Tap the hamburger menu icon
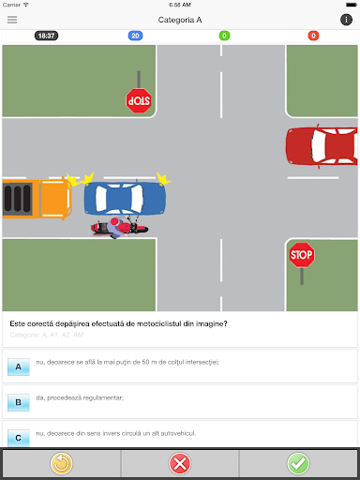point(12,20)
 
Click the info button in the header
point(346,20)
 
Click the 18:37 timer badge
point(46,36)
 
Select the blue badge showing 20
point(135,36)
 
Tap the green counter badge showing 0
point(224,36)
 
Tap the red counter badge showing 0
point(313,36)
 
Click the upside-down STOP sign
point(139,100)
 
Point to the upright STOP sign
point(302,255)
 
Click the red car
point(322,145)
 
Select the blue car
point(125,199)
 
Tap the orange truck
point(37,199)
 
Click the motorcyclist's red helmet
point(114,221)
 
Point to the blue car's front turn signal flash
point(163,178)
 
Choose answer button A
point(19,367)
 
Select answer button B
point(19,402)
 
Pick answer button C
point(19,438)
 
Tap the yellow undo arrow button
point(61,463)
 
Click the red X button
point(180,463)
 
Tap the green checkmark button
point(298,463)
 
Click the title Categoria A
point(180,20)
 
